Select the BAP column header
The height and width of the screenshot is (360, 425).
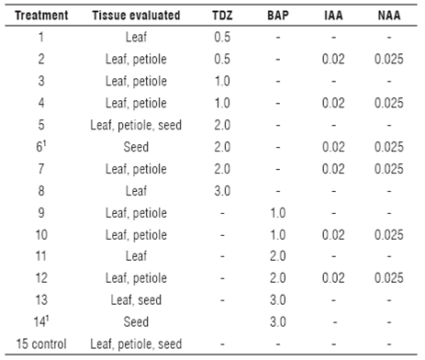[280, 17]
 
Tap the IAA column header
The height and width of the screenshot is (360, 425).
[335, 17]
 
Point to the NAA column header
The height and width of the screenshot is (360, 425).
[388, 17]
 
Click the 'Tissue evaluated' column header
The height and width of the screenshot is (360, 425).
[136, 17]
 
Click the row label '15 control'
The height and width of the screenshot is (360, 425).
[39, 343]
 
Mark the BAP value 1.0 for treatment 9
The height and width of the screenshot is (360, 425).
[280, 213]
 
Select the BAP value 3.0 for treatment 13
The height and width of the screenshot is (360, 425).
[280, 300]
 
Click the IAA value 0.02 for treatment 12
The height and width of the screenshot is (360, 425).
[335, 278]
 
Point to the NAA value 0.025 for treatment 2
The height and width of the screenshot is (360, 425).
[388, 60]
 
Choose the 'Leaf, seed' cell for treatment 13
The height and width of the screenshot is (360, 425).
[136, 300]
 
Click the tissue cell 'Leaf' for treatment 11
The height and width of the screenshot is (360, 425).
[136, 256]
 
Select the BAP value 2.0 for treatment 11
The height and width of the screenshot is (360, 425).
[280, 256]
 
